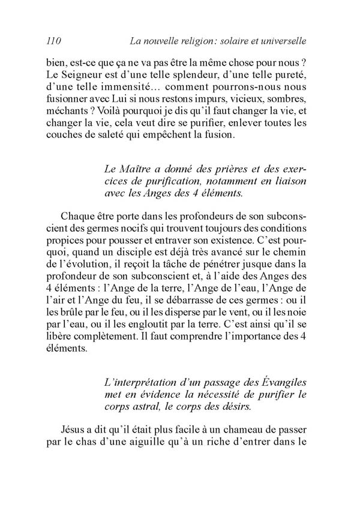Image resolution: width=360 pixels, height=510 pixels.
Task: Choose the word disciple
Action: (x=151, y=258)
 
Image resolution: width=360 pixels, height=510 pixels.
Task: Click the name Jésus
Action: (x=75, y=429)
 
